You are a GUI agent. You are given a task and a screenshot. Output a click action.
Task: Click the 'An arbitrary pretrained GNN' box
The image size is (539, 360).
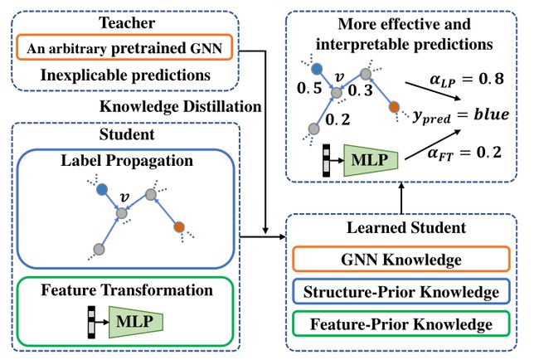124,47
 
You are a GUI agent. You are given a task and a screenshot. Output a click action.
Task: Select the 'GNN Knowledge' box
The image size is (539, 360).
401,260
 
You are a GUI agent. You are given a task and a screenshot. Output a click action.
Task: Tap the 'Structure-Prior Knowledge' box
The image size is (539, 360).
401,292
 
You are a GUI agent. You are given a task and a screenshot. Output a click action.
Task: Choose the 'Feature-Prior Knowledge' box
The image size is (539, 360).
401,324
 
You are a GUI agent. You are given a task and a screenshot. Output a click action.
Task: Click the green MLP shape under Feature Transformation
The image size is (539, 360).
135,322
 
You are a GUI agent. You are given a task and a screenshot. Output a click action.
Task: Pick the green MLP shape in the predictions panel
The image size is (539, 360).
371,160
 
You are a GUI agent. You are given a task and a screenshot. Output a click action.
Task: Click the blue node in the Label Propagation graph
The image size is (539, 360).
102,189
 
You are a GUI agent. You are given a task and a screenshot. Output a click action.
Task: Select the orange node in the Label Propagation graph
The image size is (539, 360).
179,227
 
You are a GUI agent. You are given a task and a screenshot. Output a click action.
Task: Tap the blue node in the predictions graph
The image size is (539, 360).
317,69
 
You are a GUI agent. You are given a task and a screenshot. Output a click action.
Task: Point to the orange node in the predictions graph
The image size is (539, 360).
394,107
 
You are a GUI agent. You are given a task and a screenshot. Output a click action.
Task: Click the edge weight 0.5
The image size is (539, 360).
309,88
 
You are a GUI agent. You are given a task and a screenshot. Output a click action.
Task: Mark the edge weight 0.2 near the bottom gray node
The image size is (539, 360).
337,119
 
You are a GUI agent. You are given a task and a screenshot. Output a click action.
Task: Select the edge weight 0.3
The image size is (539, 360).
360,90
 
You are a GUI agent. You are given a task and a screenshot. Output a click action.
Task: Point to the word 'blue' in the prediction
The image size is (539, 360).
492,114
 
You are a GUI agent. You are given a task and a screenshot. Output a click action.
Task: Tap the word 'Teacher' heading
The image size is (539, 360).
127,23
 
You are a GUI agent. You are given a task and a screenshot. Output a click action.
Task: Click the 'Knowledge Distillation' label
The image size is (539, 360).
181,106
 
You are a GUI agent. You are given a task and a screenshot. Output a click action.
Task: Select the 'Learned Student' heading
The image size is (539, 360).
406,227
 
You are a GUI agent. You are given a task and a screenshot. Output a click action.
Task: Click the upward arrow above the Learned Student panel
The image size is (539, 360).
401,198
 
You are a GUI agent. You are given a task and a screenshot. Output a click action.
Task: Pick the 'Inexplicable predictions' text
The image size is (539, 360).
125,75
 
